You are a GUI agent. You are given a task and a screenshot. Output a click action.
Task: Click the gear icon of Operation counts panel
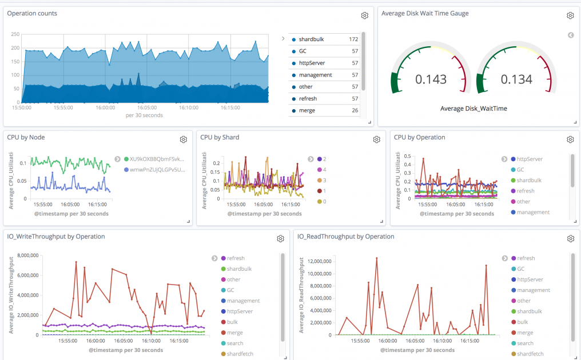tap(364, 16)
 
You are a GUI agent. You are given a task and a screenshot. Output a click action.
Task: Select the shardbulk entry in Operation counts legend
tap(311, 39)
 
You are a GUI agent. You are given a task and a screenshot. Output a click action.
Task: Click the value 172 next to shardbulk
tap(353, 39)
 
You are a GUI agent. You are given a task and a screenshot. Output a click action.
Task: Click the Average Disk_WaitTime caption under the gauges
tap(473, 109)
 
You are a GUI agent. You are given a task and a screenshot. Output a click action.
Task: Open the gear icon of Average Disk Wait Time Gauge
tap(570, 16)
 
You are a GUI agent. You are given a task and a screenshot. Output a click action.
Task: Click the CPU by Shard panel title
tap(220, 137)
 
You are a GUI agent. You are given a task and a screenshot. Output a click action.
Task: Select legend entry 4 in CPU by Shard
tap(324, 170)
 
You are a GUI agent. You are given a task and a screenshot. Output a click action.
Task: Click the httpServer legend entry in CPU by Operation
tap(529, 159)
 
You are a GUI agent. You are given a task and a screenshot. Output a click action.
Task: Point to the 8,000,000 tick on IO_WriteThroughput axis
tap(24, 255)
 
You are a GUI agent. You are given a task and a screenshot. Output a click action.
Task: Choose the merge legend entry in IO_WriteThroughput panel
tap(234, 333)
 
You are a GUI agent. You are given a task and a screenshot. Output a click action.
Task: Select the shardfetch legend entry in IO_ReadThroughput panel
tap(530, 354)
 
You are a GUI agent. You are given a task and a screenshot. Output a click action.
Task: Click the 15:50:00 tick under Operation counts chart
tap(22, 107)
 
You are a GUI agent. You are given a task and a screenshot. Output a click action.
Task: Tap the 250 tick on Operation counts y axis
tap(15, 34)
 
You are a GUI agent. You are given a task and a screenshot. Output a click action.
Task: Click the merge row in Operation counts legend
tap(307, 110)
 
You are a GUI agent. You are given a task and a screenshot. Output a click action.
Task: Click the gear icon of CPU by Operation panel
tap(570, 139)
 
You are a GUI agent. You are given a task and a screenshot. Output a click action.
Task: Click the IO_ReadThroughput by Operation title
tap(345, 237)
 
